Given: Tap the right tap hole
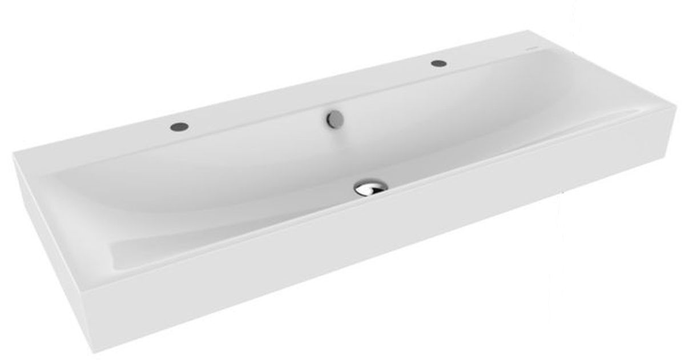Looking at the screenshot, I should click(438, 62).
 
